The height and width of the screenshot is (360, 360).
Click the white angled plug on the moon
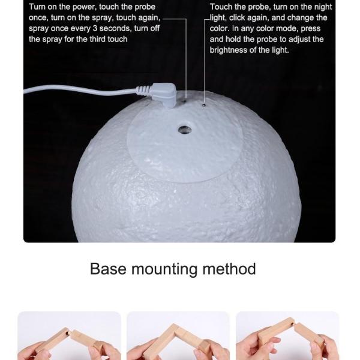(x=164, y=94)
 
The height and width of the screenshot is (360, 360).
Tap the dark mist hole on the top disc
(x=185, y=130)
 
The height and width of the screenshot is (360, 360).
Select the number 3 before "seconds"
(x=95, y=28)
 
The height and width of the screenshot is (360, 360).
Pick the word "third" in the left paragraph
(x=97, y=39)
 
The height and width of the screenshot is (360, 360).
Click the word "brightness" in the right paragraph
(x=229, y=50)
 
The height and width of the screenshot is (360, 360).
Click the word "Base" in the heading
(x=108, y=269)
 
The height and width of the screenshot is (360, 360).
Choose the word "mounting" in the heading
(x=164, y=269)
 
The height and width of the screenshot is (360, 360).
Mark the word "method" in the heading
(x=229, y=269)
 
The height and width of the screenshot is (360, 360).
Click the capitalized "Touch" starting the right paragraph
(x=221, y=7)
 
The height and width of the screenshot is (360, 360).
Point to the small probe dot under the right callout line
(x=203, y=105)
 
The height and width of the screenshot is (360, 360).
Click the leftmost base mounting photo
(x=69, y=335)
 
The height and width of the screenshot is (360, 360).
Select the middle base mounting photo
(x=178, y=335)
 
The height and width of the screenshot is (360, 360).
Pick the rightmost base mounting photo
(x=287, y=335)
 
